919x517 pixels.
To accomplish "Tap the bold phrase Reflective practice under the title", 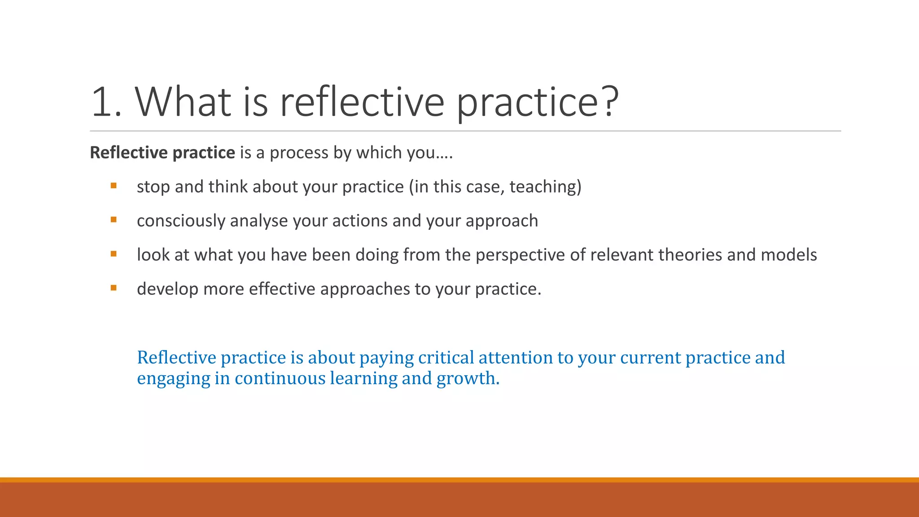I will point(162,153).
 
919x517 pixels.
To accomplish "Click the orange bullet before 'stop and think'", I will point(114,185).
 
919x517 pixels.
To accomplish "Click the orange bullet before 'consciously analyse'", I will point(114,219).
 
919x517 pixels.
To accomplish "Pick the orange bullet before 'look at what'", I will point(114,254).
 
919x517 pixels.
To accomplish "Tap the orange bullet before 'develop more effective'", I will point(114,288).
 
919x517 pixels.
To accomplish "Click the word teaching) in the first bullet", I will point(545,187).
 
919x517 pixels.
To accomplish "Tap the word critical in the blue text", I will point(446,358).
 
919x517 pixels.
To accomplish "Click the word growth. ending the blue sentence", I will point(468,379).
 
